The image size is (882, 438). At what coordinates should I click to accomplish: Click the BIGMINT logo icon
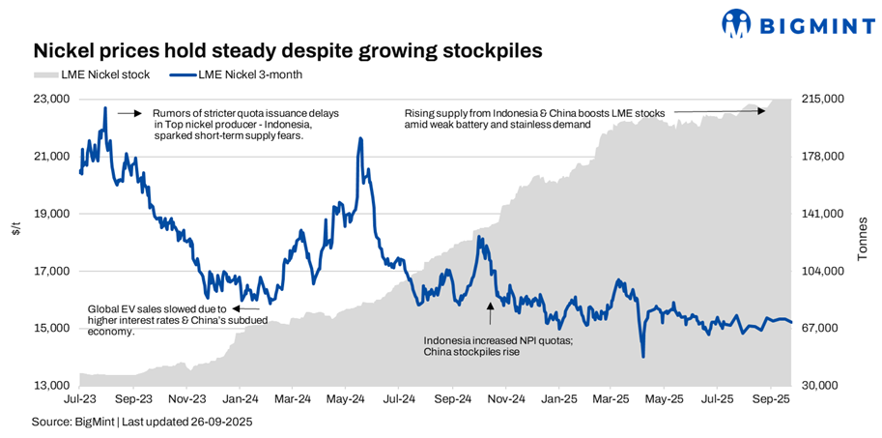click(x=737, y=21)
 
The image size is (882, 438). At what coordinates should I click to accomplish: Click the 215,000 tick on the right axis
click(x=823, y=99)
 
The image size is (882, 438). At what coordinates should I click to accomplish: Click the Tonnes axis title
click(x=863, y=239)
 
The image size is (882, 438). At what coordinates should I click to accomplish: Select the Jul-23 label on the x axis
click(x=80, y=398)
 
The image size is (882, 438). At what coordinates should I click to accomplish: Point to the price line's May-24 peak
click(x=360, y=139)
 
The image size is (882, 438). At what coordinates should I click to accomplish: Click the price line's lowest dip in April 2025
click(x=643, y=357)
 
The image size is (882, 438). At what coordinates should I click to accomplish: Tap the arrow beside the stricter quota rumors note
click(x=129, y=113)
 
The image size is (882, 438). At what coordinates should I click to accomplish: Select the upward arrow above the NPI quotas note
click(x=490, y=311)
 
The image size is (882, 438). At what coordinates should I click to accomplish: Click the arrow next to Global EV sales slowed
click(x=232, y=309)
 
